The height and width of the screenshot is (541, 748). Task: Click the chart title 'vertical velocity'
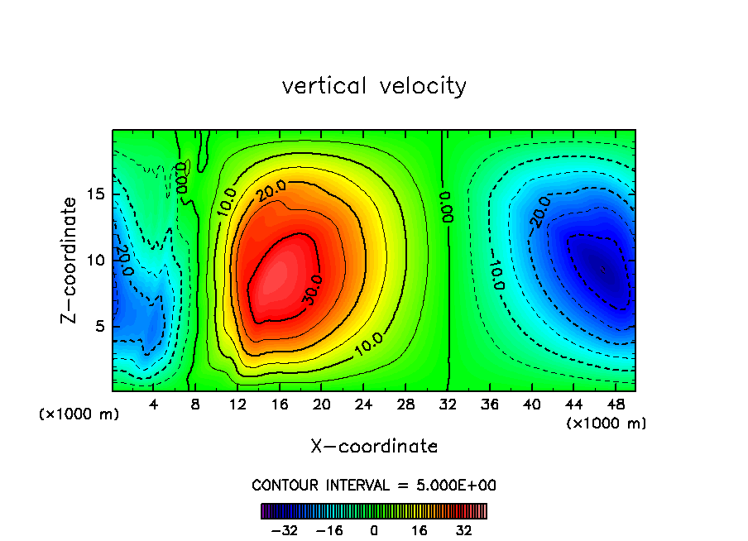coord(374,86)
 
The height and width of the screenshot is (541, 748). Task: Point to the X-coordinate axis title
coord(374,447)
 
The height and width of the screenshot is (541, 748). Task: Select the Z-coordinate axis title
coord(71,260)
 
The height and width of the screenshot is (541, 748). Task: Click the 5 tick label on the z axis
coord(97,326)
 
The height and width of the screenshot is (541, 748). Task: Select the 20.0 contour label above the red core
coord(271,193)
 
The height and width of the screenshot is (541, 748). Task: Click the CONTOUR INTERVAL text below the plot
coord(374,485)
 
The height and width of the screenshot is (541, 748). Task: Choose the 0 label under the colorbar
coord(374,530)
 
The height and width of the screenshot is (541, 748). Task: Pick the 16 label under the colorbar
coord(420,530)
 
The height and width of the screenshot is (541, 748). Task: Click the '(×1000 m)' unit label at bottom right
coord(607,424)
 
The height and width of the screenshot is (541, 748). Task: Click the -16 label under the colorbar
coord(329,530)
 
